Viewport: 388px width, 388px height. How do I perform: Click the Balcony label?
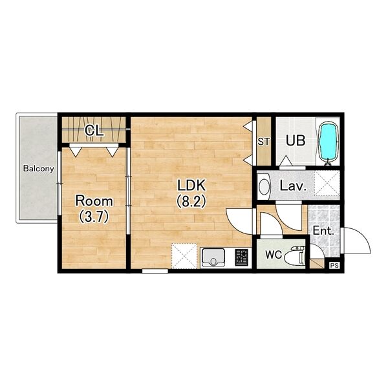pos(38,169)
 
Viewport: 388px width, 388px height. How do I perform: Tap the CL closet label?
pos(94,131)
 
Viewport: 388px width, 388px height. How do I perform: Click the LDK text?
pos(191,186)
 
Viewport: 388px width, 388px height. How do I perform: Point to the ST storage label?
pos(263,142)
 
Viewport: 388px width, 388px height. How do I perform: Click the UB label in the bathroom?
pos(296,140)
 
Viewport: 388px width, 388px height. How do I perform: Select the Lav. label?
pos(293,186)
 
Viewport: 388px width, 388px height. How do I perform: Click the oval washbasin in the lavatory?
pos(264,187)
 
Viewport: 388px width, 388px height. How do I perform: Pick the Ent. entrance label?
pos(323,231)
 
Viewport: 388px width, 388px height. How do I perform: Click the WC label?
pos(274,254)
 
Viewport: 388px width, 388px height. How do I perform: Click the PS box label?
pos(334,266)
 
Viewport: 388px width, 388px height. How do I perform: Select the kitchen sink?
pos(213,257)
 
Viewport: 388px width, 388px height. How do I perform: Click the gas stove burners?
pos(241,257)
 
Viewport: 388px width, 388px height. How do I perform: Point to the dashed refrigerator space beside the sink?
pos(184,256)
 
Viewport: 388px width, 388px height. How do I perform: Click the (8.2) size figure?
pos(191,202)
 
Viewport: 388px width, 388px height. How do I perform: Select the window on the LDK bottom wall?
pos(155,271)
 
